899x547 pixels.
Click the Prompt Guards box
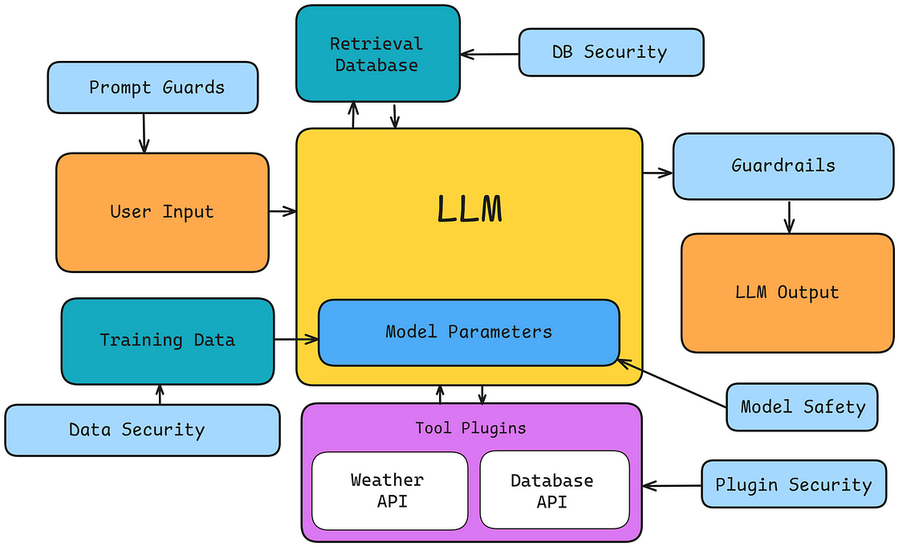pos(153,87)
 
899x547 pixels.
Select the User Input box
pos(162,212)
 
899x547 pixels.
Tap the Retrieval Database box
pos(377,54)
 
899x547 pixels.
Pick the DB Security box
pos(610,53)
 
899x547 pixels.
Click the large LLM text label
pos(470,210)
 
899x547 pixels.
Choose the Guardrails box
pos(783,166)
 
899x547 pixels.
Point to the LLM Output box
pos(787,292)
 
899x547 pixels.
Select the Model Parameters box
pos(469,332)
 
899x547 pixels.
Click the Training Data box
pos(167,341)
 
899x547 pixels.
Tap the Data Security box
pos(141,430)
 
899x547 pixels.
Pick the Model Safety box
pos(802,406)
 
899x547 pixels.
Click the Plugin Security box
pos(792,484)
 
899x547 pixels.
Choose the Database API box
pos(552,490)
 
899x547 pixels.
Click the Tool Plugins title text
pos(470,428)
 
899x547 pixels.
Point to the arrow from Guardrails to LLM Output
pos(789,216)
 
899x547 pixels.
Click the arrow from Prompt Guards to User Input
pos(144,133)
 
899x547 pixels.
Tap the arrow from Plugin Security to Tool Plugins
pos(673,485)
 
